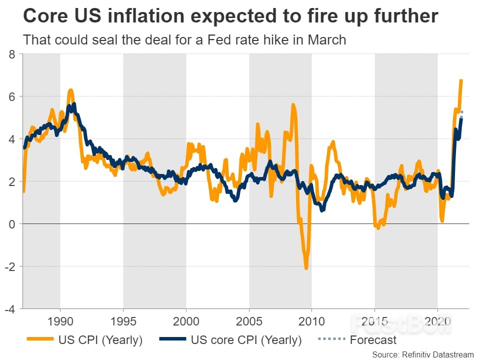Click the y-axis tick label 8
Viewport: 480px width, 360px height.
coord(11,54)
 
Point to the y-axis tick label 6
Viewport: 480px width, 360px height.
coord(11,96)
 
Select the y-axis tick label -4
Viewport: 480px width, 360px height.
coord(9,309)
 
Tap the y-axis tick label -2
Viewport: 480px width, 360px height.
coord(9,266)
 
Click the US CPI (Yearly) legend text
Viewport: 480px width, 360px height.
coord(99,340)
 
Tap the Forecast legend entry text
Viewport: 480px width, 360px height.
coord(373,340)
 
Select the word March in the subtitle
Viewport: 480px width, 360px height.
coord(323,39)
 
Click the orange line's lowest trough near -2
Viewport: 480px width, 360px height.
coord(306,268)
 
